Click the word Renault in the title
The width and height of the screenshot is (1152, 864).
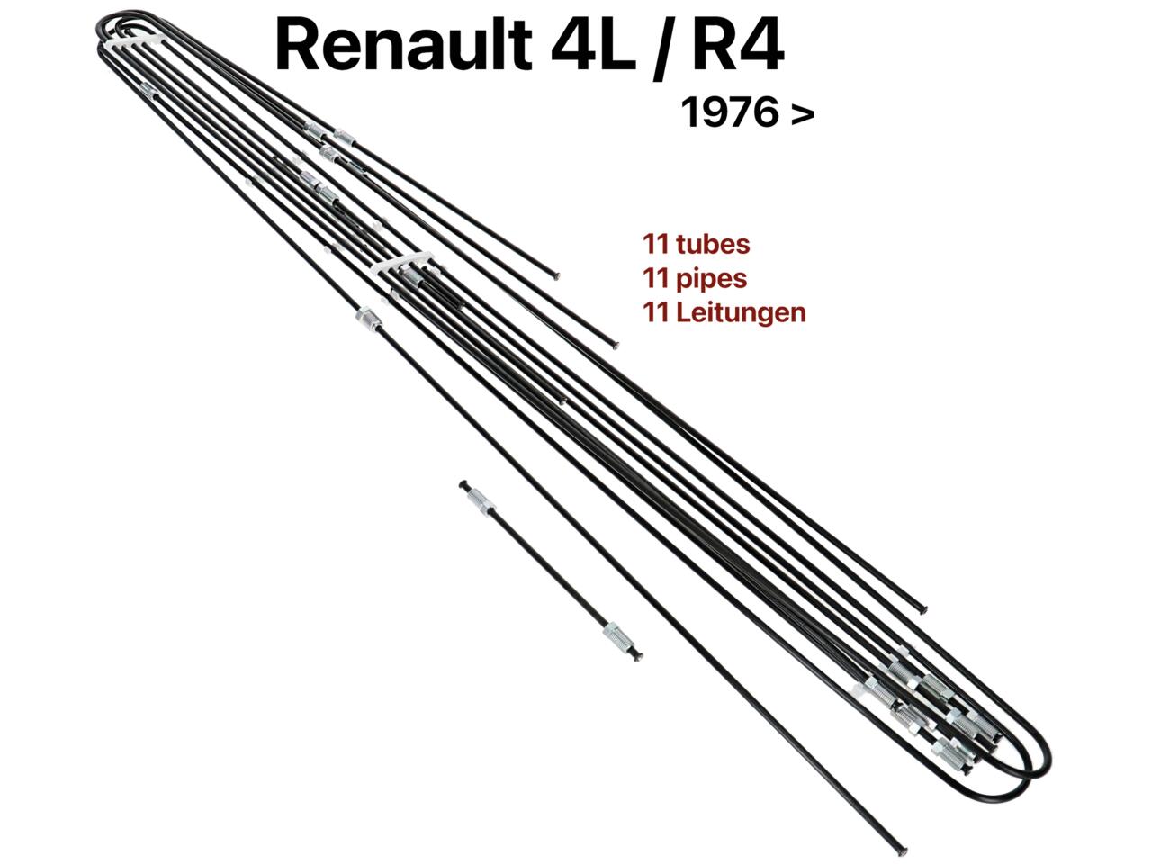403,45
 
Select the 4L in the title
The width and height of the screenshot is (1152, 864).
592,45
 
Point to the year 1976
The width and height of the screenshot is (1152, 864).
728,112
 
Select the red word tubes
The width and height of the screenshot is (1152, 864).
713,245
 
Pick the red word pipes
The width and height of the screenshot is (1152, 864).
712,280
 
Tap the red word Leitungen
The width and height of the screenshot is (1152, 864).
741,312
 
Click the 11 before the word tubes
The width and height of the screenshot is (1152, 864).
657,245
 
